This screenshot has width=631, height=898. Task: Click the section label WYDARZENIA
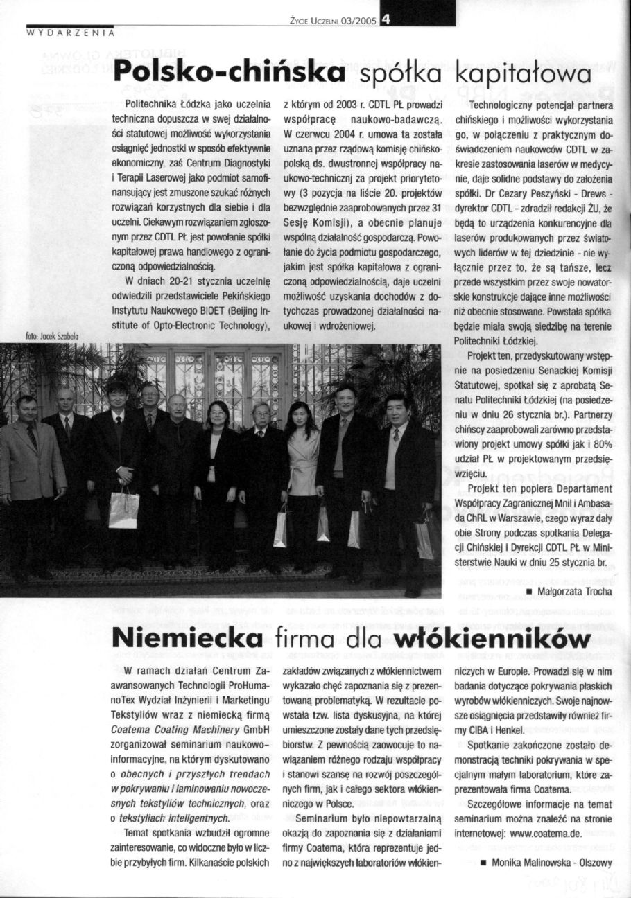pos(70,32)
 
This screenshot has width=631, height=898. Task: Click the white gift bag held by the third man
pos(123,510)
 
